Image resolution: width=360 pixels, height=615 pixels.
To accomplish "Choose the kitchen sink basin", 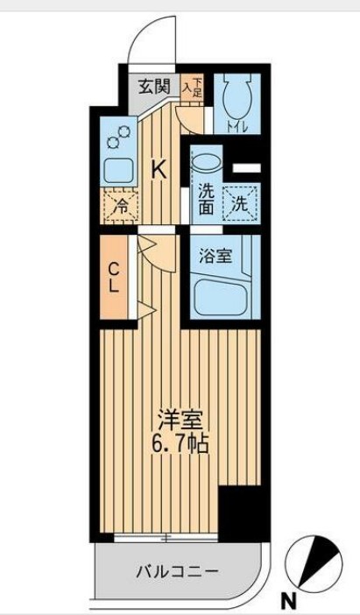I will click(x=116, y=169).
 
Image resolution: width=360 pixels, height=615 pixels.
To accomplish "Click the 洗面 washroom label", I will click(x=205, y=198).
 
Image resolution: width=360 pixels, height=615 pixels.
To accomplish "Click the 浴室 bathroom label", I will click(x=215, y=257).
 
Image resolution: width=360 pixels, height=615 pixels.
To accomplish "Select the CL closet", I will click(x=114, y=276).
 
